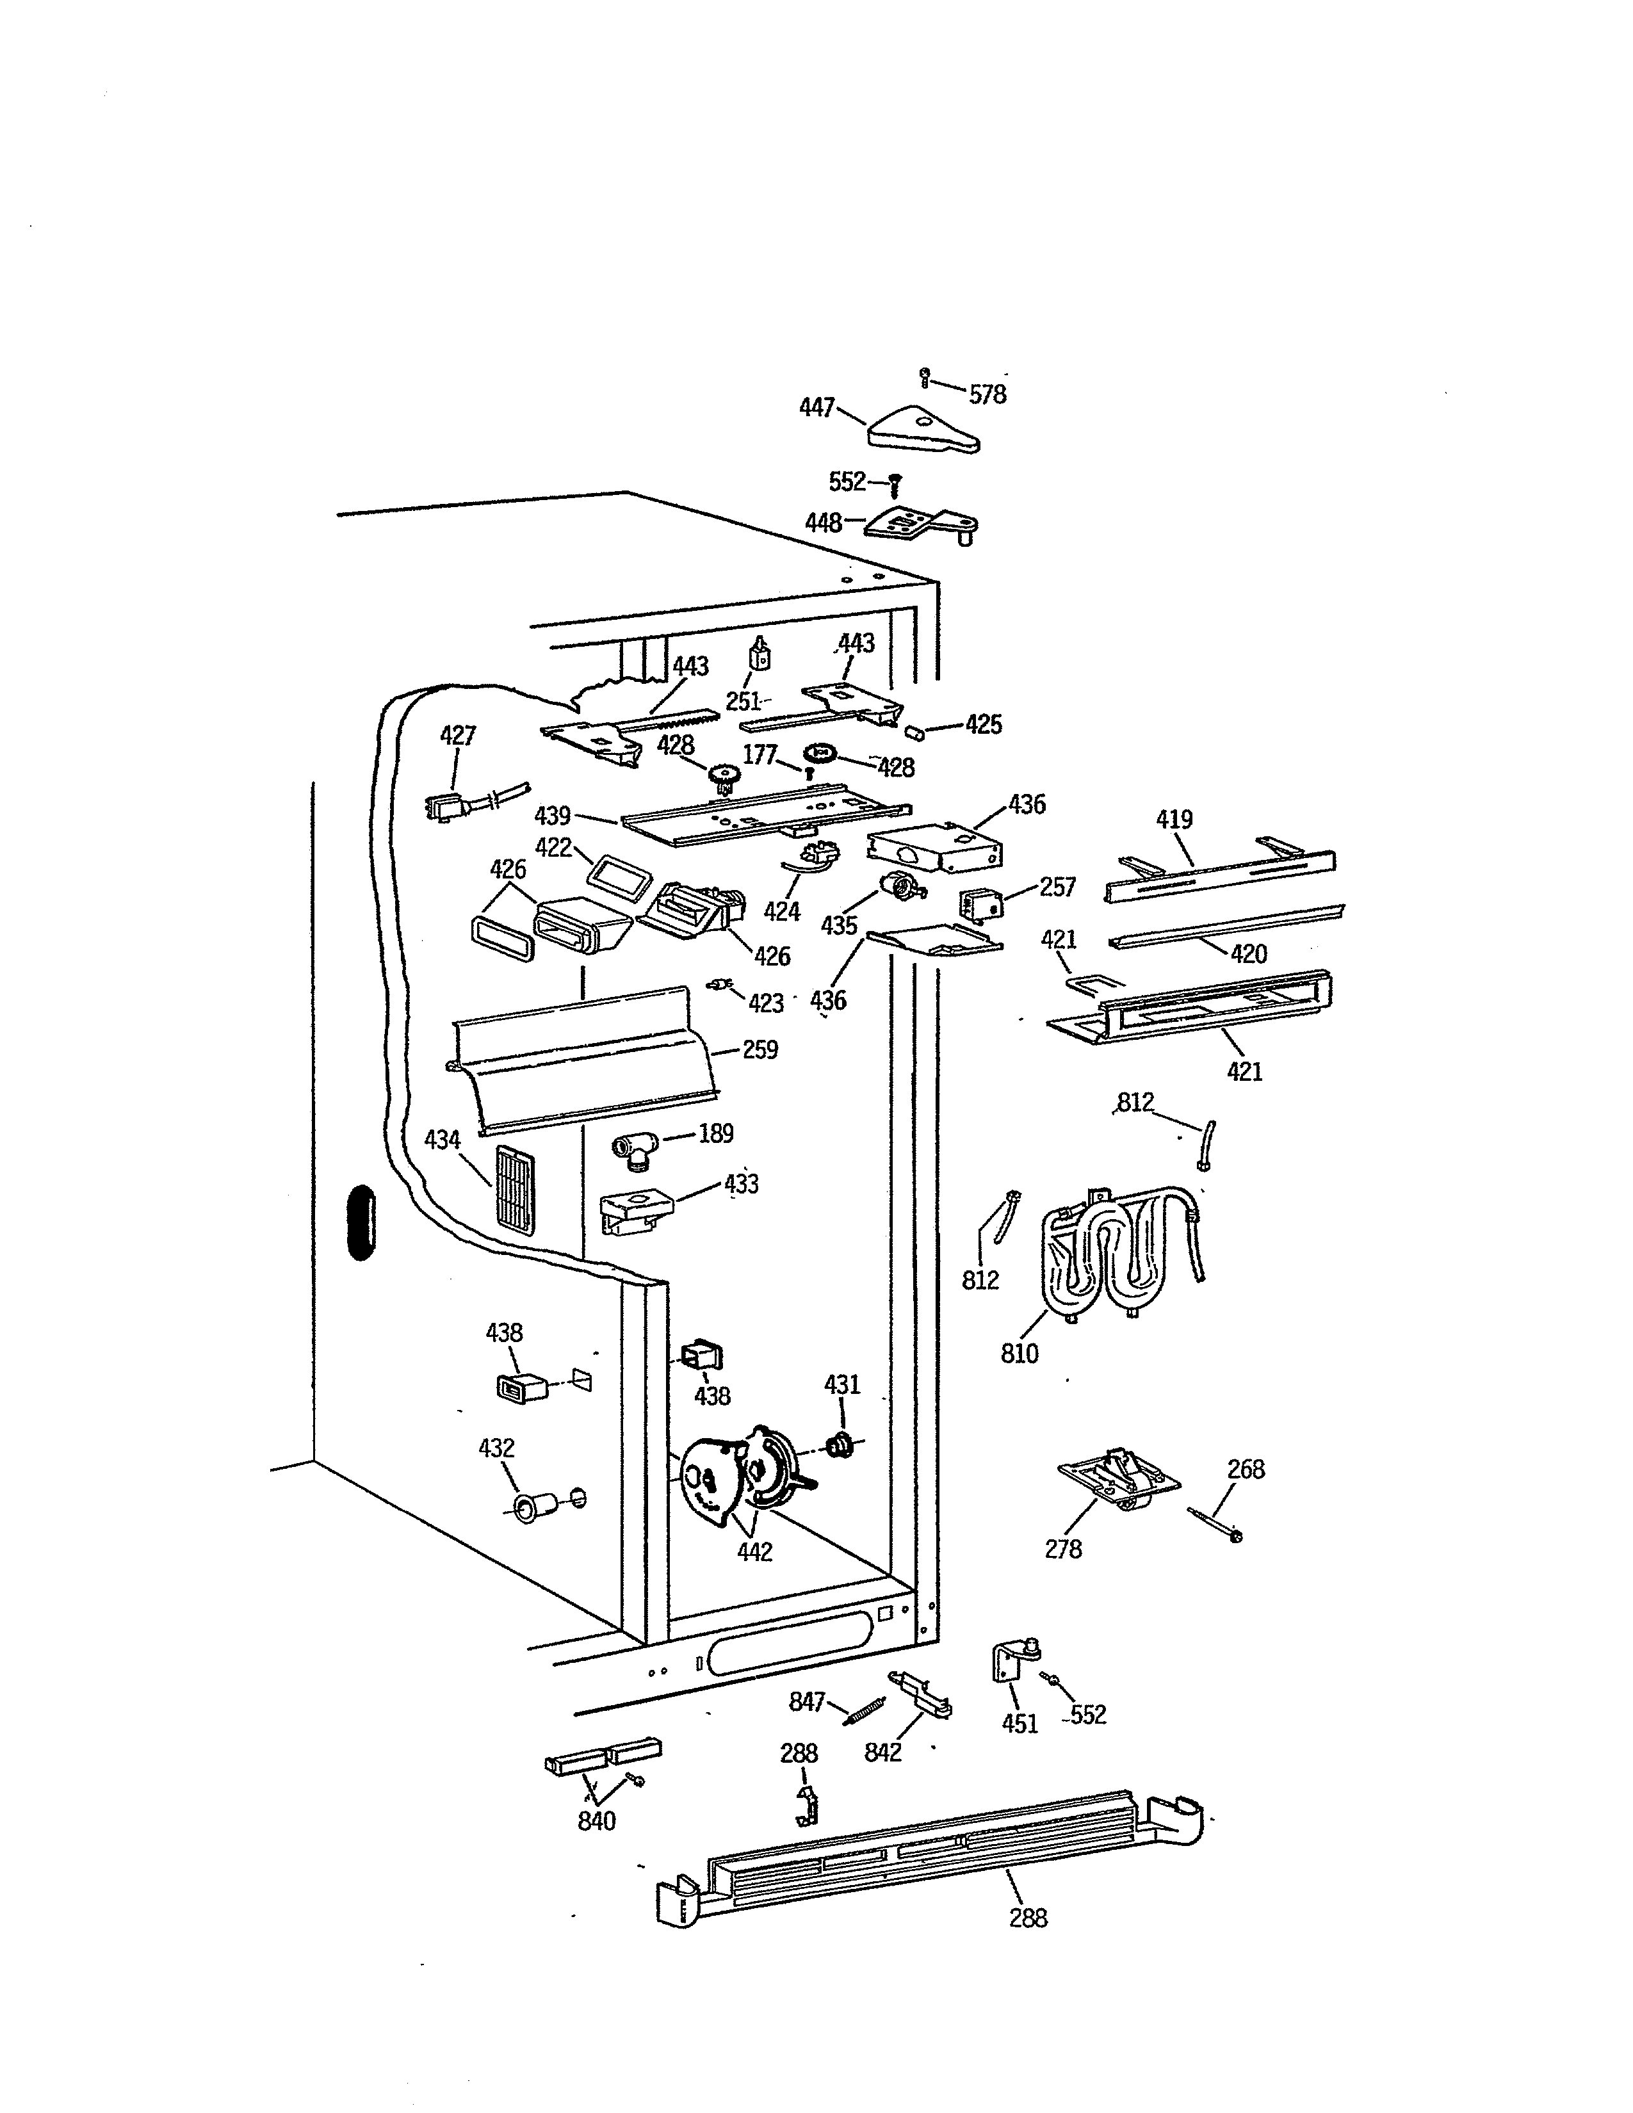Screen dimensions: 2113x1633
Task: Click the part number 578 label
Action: tap(987, 394)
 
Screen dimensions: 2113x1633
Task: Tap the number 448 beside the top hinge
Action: tap(824, 523)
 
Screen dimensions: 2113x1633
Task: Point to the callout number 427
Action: tap(458, 735)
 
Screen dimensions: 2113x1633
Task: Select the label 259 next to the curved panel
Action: tap(760, 1049)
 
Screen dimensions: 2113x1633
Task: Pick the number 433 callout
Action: tap(741, 1183)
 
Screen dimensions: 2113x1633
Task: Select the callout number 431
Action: tap(841, 1384)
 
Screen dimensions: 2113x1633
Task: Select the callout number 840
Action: tap(597, 1821)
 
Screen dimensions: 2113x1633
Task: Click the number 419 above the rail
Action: tap(1174, 820)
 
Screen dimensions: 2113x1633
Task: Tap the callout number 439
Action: tap(553, 814)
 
